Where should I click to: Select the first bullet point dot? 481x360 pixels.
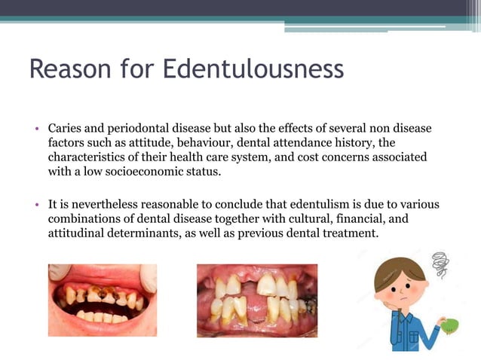(x=36, y=130)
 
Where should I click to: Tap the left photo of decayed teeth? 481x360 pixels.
(x=103, y=300)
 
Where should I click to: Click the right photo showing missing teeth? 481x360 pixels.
(x=256, y=300)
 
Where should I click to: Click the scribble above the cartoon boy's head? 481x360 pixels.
(x=440, y=264)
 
